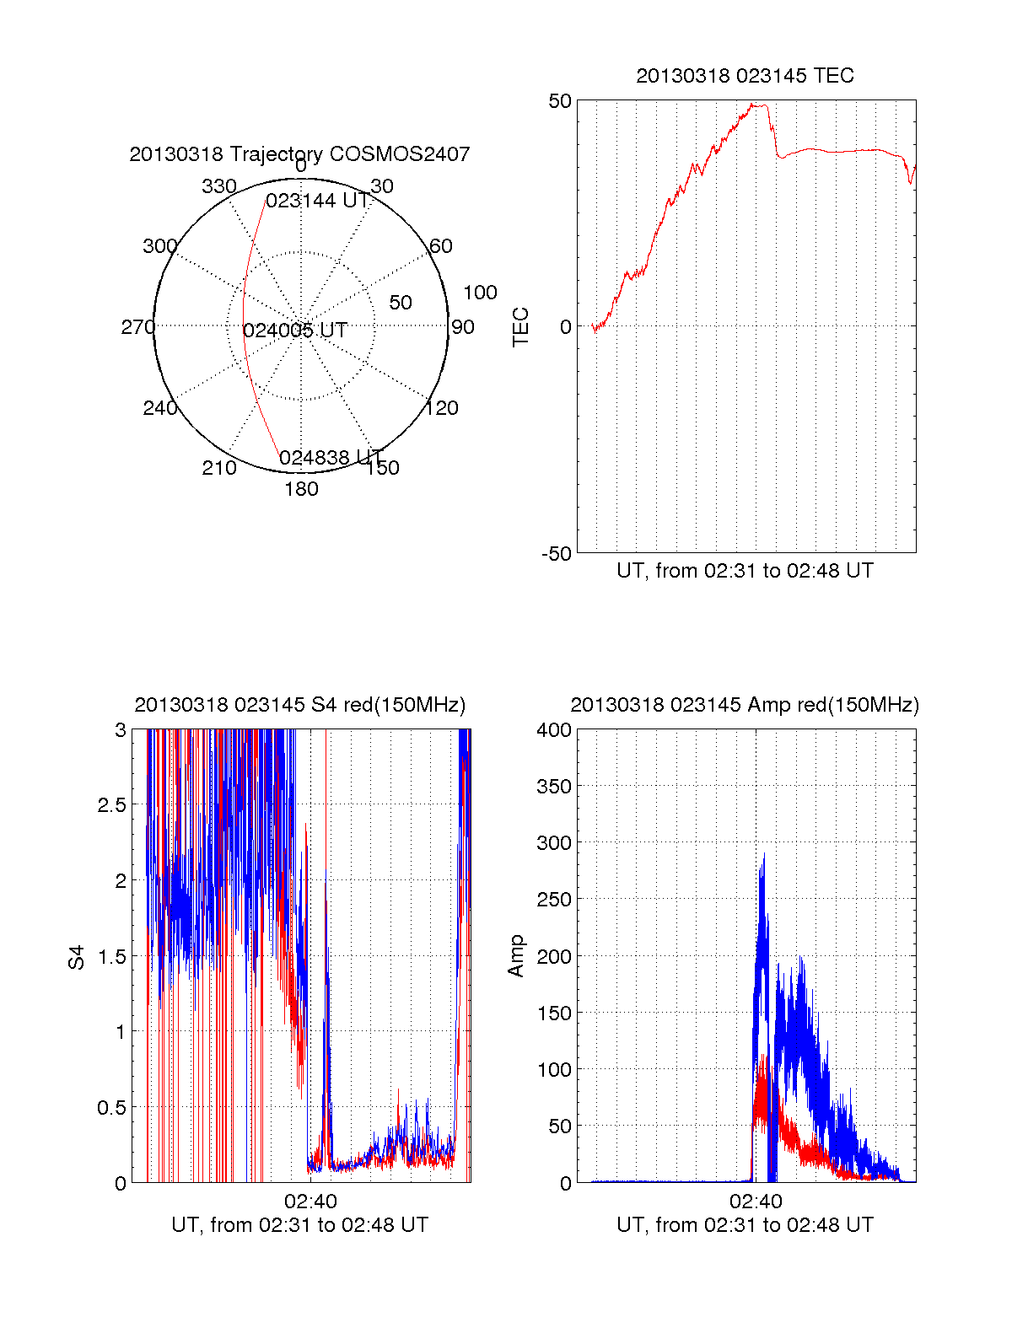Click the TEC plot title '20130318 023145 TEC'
pos(745,76)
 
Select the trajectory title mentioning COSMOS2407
pos(299,154)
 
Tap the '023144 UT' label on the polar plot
pos(317,201)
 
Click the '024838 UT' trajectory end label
pos(330,458)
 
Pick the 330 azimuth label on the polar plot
pos(218,186)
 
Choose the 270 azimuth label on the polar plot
pos(137,327)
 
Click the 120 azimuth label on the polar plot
pos(442,408)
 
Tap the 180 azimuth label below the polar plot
pos(301,489)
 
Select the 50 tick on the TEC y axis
pos(560,101)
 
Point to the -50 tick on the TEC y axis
pos(557,554)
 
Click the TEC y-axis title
pos(521,327)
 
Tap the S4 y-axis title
pos(77,957)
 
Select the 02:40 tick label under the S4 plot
pos(310,1201)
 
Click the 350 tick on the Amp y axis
pos(554,786)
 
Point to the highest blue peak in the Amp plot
pos(764,854)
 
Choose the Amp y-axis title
pos(516,955)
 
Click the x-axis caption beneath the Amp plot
pos(745,1225)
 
